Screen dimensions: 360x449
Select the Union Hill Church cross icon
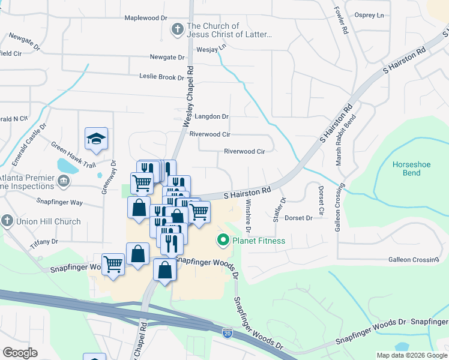pyautogui.click(x=7, y=221)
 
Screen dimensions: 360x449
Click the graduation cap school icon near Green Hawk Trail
pyautogui.click(x=96, y=140)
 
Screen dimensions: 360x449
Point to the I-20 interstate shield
pyautogui.click(x=227, y=333)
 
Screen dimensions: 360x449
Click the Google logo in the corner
pyautogui.click(x=20, y=353)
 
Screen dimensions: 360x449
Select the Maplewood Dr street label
pyautogui.click(x=145, y=18)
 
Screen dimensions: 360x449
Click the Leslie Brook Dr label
pyautogui.click(x=161, y=77)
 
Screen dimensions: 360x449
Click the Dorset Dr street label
pyautogui.click(x=299, y=218)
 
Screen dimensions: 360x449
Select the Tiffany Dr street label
pyautogui.click(x=43, y=241)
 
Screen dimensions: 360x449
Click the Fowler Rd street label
pyautogui.click(x=340, y=20)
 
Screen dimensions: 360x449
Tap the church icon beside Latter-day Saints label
pyautogui.click(x=177, y=29)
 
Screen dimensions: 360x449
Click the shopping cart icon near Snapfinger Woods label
pyautogui.click(x=113, y=263)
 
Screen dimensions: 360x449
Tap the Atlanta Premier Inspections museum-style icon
pyautogui.click(x=62, y=180)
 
